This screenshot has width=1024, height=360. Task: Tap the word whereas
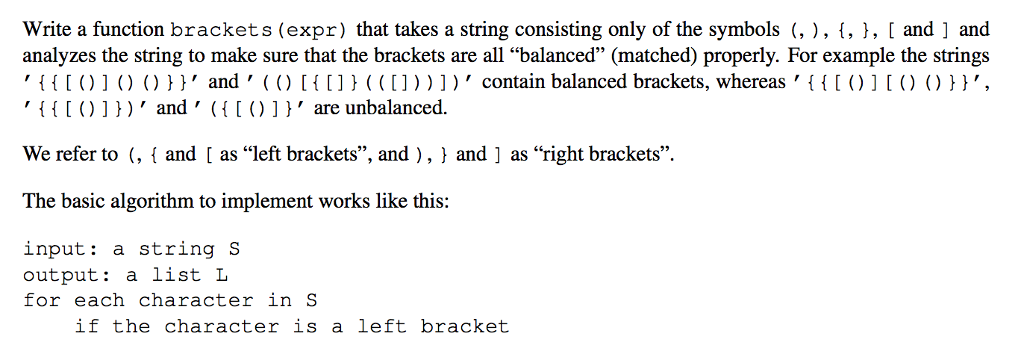pyautogui.click(x=751, y=82)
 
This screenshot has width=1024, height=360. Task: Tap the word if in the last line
pyautogui.click(x=86, y=327)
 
